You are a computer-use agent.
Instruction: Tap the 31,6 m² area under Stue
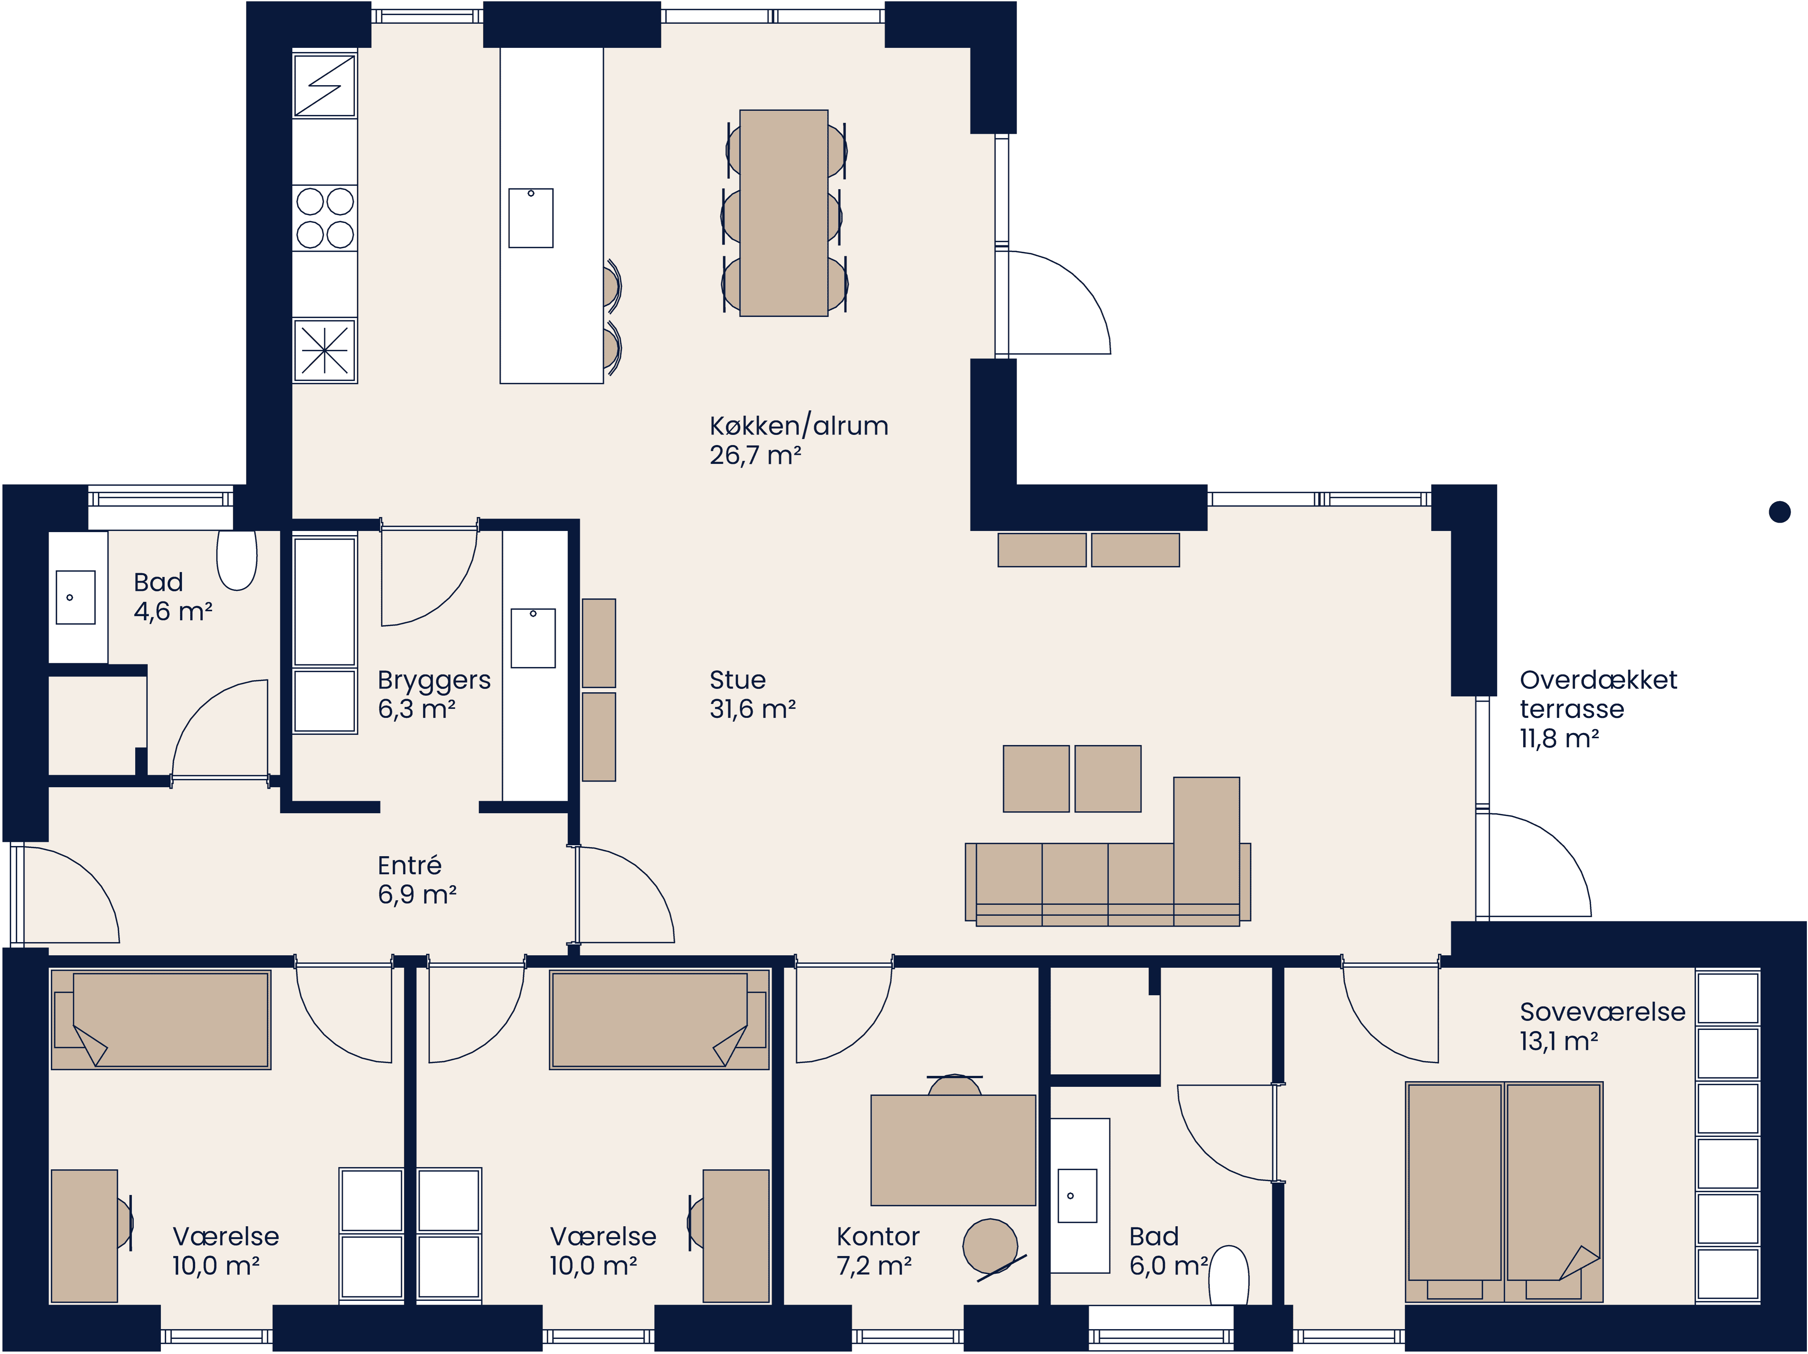pyautogui.click(x=752, y=709)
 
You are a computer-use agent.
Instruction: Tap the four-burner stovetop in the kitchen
pyautogui.click(x=324, y=217)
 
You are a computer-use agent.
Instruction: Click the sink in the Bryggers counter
pyautogui.click(x=533, y=638)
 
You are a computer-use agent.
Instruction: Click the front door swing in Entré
pyautogui.click(x=69, y=895)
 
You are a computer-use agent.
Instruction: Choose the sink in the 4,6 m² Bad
pyautogui.click(x=75, y=598)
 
